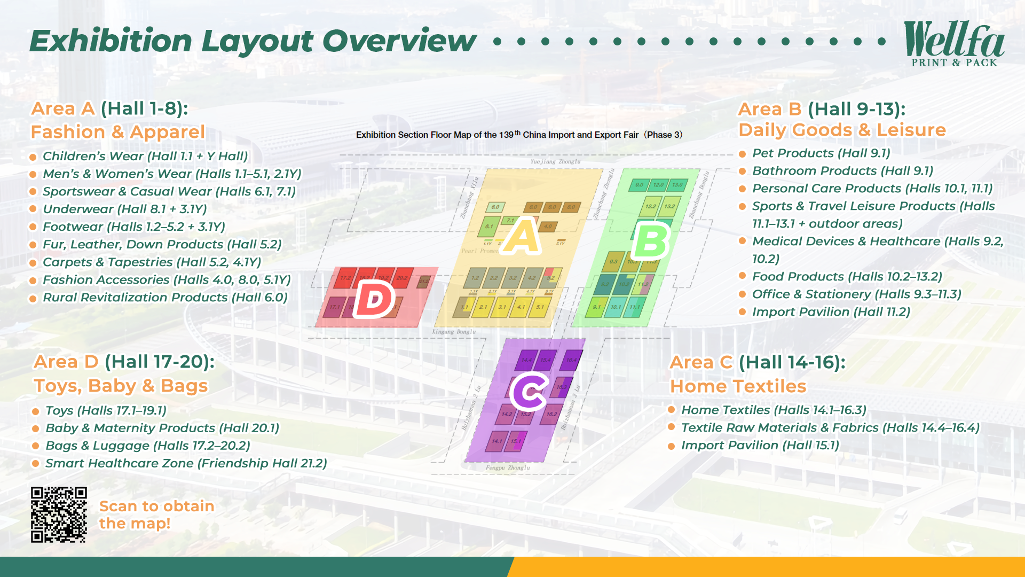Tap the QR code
(x=59, y=514)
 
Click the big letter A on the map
(x=523, y=236)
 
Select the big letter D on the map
(x=374, y=300)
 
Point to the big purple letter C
(x=529, y=392)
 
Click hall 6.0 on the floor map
(x=495, y=207)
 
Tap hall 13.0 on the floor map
(x=677, y=185)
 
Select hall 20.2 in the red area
(x=402, y=278)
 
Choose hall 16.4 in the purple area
(x=571, y=360)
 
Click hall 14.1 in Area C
(x=497, y=441)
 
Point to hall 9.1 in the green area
(x=596, y=307)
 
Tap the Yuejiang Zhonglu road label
(x=555, y=161)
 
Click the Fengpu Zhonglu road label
(x=508, y=468)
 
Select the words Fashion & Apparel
(x=117, y=132)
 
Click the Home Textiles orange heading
(x=738, y=386)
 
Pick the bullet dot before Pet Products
(x=742, y=154)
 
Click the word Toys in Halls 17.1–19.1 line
(x=59, y=410)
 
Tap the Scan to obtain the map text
(x=156, y=514)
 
